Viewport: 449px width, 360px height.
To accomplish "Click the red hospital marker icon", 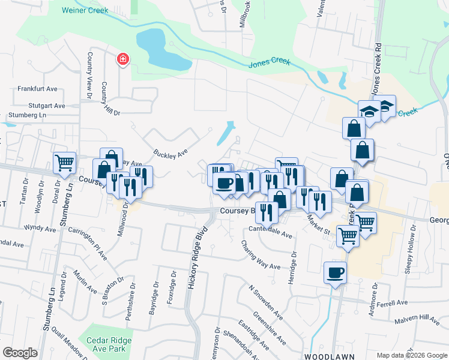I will tap(123, 59).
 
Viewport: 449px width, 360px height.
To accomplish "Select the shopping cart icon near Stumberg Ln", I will tap(64, 163).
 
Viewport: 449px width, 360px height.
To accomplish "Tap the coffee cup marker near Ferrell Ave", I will tap(335, 273).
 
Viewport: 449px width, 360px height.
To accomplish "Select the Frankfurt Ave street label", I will tap(37, 89).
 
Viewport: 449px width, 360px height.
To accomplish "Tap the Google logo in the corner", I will tap(20, 353).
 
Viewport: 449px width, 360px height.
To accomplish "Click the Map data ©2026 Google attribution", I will tap(411, 355).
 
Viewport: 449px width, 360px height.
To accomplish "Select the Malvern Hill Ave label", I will tap(417, 319).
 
